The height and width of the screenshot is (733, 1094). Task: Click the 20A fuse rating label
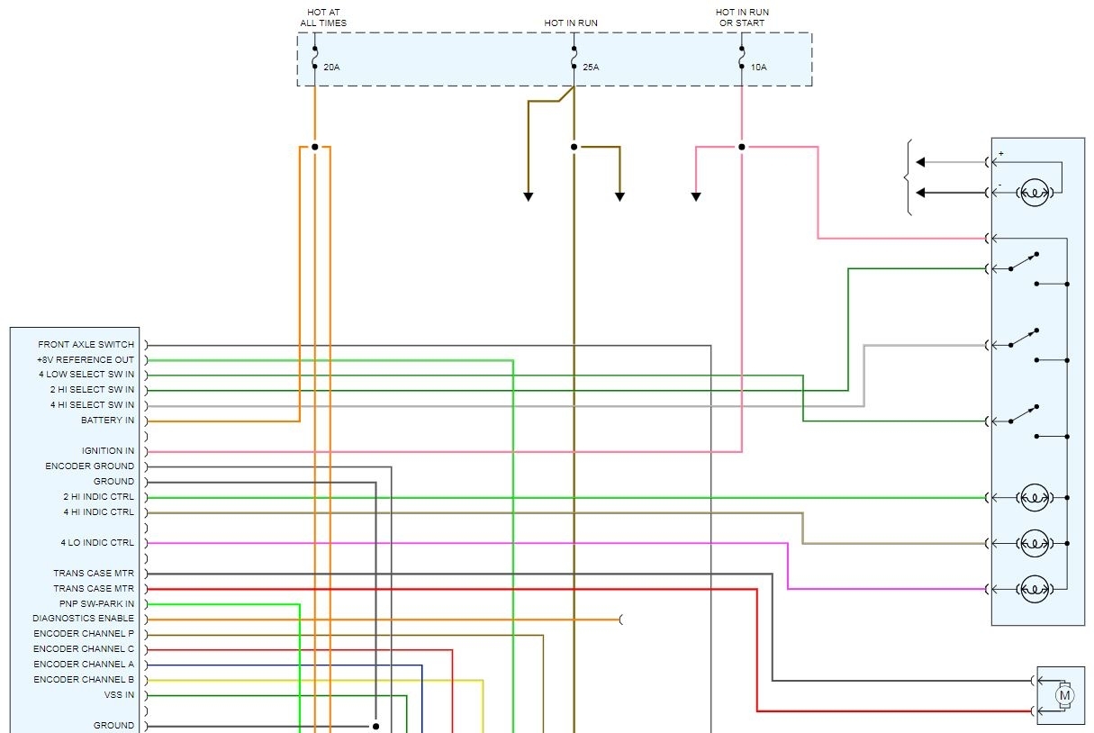click(x=330, y=68)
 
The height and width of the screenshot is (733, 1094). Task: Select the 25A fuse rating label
click(x=591, y=68)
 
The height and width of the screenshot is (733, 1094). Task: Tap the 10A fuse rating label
click(x=759, y=68)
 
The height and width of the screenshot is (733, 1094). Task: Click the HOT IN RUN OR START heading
click(x=742, y=17)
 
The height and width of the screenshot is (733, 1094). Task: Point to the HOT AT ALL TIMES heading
click(x=323, y=17)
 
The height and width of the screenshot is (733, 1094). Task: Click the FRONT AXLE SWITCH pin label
click(x=86, y=345)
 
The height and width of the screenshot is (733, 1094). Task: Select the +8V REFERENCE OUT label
click(x=86, y=360)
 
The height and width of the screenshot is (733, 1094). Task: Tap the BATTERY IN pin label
click(x=107, y=421)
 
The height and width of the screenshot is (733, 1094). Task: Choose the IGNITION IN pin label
click(x=108, y=451)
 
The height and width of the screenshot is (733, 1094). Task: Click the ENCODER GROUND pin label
click(x=90, y=466)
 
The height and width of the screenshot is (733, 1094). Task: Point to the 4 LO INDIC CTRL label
click(x=97, y=543)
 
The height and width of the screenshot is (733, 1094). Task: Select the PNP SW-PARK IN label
click(x=94, y=603)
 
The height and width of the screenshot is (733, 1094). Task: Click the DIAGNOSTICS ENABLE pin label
click(x=84, y=619)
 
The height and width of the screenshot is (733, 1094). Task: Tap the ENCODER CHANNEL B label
click(x=84, y=680)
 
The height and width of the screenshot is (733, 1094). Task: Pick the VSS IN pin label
click(x=119, y=695)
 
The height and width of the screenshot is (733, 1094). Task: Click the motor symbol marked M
click(x=1064, y=695)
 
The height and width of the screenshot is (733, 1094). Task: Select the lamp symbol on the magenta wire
click(x=1033, y=589)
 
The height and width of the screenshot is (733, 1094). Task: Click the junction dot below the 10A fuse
click(x=742, y=147)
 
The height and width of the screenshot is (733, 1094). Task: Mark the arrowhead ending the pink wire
click(x=696, y=195)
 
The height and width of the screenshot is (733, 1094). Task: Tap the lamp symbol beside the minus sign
click(x=1033, y=193)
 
